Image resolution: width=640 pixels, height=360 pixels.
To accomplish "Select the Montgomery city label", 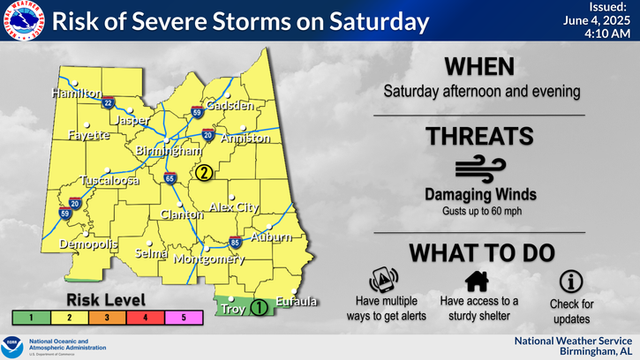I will click(x=208, y=259).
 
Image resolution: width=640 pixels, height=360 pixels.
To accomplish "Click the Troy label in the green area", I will click(x=231, y=310).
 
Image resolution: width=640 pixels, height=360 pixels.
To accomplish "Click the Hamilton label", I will click(x=77, y=93).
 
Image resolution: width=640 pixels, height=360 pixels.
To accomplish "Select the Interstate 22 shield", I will click(x=108, y=102).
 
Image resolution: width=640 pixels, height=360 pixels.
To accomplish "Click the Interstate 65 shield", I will click(x=169, y=179).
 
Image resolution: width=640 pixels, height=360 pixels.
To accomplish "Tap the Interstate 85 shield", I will click(x=234, y=241).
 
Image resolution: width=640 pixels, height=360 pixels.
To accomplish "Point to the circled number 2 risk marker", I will click(x=204, y=173).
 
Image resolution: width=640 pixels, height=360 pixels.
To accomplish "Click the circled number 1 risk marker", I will click(x=259, y=308).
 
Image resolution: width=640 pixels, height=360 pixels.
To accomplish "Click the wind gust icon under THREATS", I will click(x=479, y=170).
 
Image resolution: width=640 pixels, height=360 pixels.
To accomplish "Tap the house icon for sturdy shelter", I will click(x=478, y=281).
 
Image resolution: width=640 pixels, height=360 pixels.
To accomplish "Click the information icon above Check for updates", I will click(x=570, y=281).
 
